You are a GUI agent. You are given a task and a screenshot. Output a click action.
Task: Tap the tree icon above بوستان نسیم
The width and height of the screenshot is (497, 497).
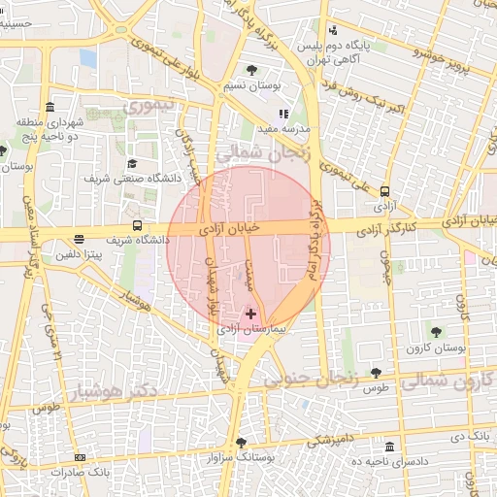(x=252, y=70)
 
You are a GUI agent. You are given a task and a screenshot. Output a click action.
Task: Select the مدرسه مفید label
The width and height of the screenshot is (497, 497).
(x=288, y=128)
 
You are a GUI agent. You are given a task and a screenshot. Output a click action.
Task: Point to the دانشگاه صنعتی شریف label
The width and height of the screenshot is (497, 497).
(x=126, y=179)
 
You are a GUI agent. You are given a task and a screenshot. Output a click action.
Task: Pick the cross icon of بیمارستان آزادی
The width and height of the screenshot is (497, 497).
(x=251, y=314)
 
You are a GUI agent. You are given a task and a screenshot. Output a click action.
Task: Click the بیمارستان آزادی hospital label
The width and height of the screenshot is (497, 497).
(x=251, y=330)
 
